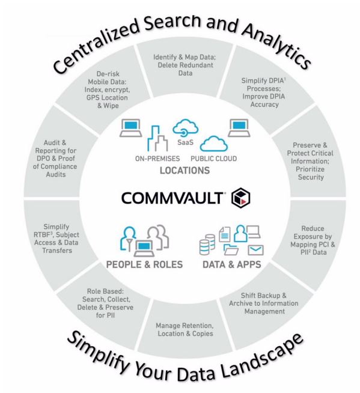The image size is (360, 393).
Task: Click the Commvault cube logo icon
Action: (x=240, y=198)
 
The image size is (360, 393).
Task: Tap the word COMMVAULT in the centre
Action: (x=172, y=198)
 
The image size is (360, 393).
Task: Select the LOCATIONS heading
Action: (x=185, y=171)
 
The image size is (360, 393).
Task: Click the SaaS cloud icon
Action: (x=186, y=128)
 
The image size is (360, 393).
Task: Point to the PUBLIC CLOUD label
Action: (x=213, y=159)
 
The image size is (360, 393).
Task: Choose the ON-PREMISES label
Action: (x=157, y=159)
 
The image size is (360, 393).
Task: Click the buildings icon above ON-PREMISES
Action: (x=157, y=138)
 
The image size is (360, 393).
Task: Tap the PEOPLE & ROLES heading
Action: (x=144, y=264)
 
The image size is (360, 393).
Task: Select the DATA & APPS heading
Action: (x=232, y=264)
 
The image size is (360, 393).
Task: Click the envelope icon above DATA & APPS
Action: (x=255, y=250)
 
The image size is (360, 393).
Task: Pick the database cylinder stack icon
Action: (x=207, y=245)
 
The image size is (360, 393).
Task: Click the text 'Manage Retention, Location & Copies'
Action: (x=185, y=329)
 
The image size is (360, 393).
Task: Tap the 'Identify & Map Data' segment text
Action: (x=185, y=65)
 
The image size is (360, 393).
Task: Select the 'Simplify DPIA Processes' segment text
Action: (x=264, y=92)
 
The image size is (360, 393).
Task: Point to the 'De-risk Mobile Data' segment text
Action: (x=108, y=90)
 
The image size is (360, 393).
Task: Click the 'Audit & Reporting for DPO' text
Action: (x=55, y=159)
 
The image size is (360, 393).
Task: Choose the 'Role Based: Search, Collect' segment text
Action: (x=105, y=303)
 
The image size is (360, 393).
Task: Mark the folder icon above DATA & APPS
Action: (x=231, y=249)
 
